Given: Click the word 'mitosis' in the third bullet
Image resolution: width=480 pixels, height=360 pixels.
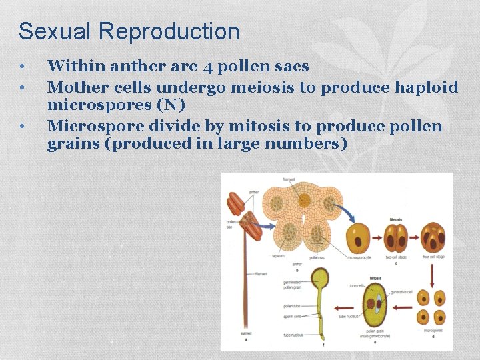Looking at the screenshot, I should [259, 126].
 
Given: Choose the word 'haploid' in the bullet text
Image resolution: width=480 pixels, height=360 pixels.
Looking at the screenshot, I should [427, 87].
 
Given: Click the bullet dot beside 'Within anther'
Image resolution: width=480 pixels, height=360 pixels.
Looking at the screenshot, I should [23, 67].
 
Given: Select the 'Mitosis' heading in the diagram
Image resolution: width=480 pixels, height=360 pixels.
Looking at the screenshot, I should [375, 279].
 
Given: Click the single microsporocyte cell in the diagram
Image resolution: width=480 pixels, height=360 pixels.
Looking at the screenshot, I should [358, 238].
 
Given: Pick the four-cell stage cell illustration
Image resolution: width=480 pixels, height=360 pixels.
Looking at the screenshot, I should [433, 238].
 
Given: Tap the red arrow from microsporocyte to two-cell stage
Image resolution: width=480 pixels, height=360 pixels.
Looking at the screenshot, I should [377, 238].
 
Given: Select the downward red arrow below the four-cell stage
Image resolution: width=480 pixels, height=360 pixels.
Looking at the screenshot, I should [432, 273].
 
